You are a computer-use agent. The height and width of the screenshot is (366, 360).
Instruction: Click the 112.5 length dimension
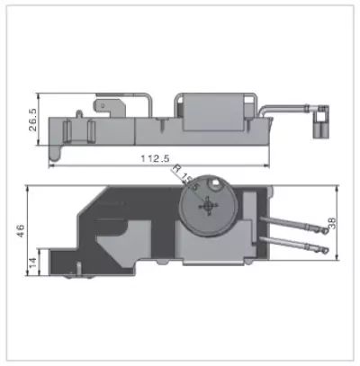[156, 159]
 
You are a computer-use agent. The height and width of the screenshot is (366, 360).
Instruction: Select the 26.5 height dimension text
[33, 121]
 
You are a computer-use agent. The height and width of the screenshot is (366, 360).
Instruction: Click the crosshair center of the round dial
[209, 206]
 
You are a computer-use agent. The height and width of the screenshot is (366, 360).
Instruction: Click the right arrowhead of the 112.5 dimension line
[267, 165]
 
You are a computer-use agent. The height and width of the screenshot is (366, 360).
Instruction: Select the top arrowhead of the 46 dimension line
[27, 188]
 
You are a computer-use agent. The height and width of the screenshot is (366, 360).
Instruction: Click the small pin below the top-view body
[78, 267]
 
